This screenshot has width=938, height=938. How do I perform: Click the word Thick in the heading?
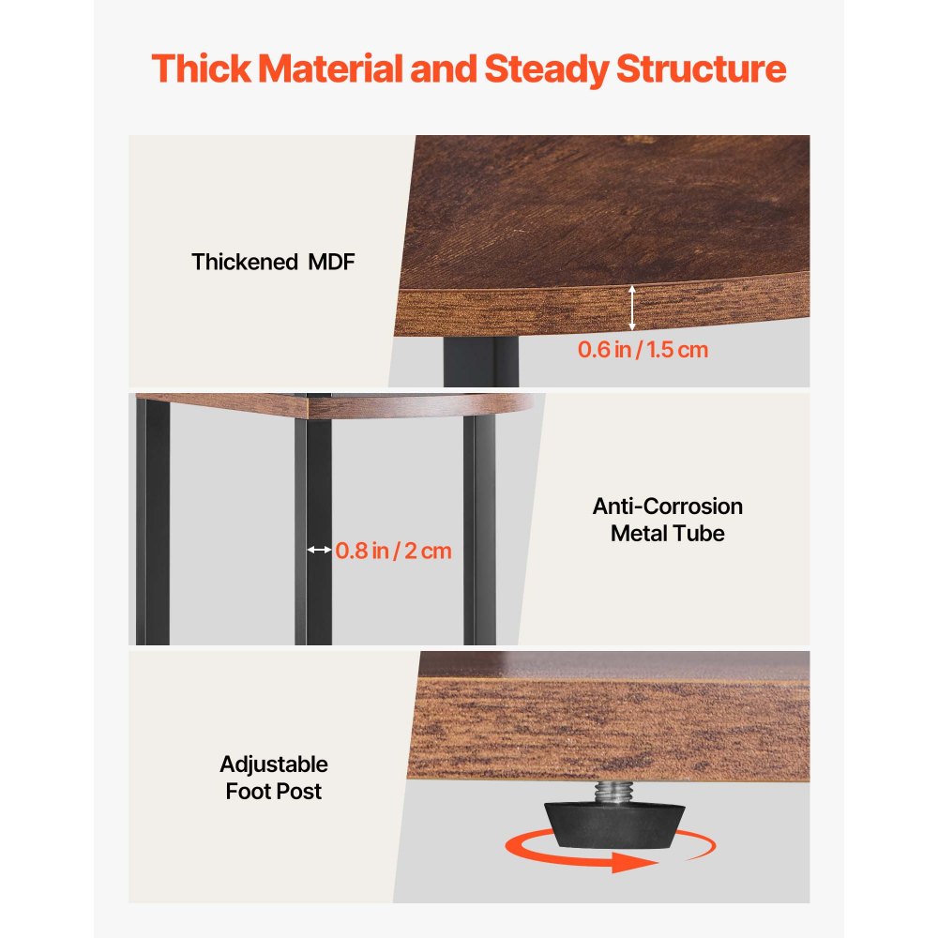[201, 68]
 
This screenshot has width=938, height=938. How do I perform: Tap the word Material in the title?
[331, 68]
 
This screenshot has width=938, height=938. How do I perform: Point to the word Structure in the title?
[701, 68]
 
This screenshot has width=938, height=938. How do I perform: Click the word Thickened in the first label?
[245, 262]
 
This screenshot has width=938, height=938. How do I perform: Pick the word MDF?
[331, 262]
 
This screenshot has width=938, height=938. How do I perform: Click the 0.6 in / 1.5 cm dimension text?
[643, 349]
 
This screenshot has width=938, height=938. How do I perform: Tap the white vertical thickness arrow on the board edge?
[632, 308]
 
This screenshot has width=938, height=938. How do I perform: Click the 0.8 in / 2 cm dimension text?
[393, 551]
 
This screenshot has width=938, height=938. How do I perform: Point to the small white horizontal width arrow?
[320, 550]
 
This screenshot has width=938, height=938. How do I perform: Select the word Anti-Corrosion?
[668, 507]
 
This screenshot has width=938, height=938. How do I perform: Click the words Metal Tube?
[668, 533]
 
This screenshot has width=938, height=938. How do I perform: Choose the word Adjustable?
[274, 764]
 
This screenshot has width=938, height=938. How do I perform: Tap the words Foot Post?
[274, 792]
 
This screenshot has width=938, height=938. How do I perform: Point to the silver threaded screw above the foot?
[611, 792]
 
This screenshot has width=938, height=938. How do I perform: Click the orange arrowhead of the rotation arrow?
[635, 862]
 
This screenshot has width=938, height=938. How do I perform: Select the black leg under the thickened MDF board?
[481, 361]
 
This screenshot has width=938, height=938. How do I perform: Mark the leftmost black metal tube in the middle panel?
[153, 522]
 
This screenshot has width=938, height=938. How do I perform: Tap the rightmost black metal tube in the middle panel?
[479, 530]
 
